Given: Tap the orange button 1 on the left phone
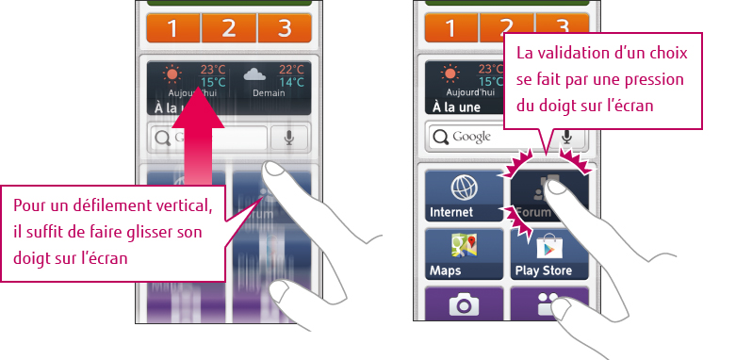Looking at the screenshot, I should pyautogui.click(x=172, y=28).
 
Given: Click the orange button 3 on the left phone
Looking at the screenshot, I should pyautogui.click(x=286, y=28).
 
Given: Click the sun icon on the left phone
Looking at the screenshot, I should pyautogui.click(x=172, y=74).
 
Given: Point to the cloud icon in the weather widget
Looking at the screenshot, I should pyautogui.click(x=254, y=74).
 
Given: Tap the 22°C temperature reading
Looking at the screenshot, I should pyautogui.click(x=290, y=69).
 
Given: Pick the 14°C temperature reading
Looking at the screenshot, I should pyautogui.click(x=290, y=82).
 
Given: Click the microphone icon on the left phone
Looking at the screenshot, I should pyautogui.click(x=288, y=138).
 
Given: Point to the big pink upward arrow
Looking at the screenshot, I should pyautogui.click(x=204, y=141).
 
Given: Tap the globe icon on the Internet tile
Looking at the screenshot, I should pyautogui.click(x=464, y=186).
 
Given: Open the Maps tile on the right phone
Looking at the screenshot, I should pyautogui.click(x=464, y=254).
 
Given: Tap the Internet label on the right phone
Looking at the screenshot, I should pyautogui.click(x=451, y=213).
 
